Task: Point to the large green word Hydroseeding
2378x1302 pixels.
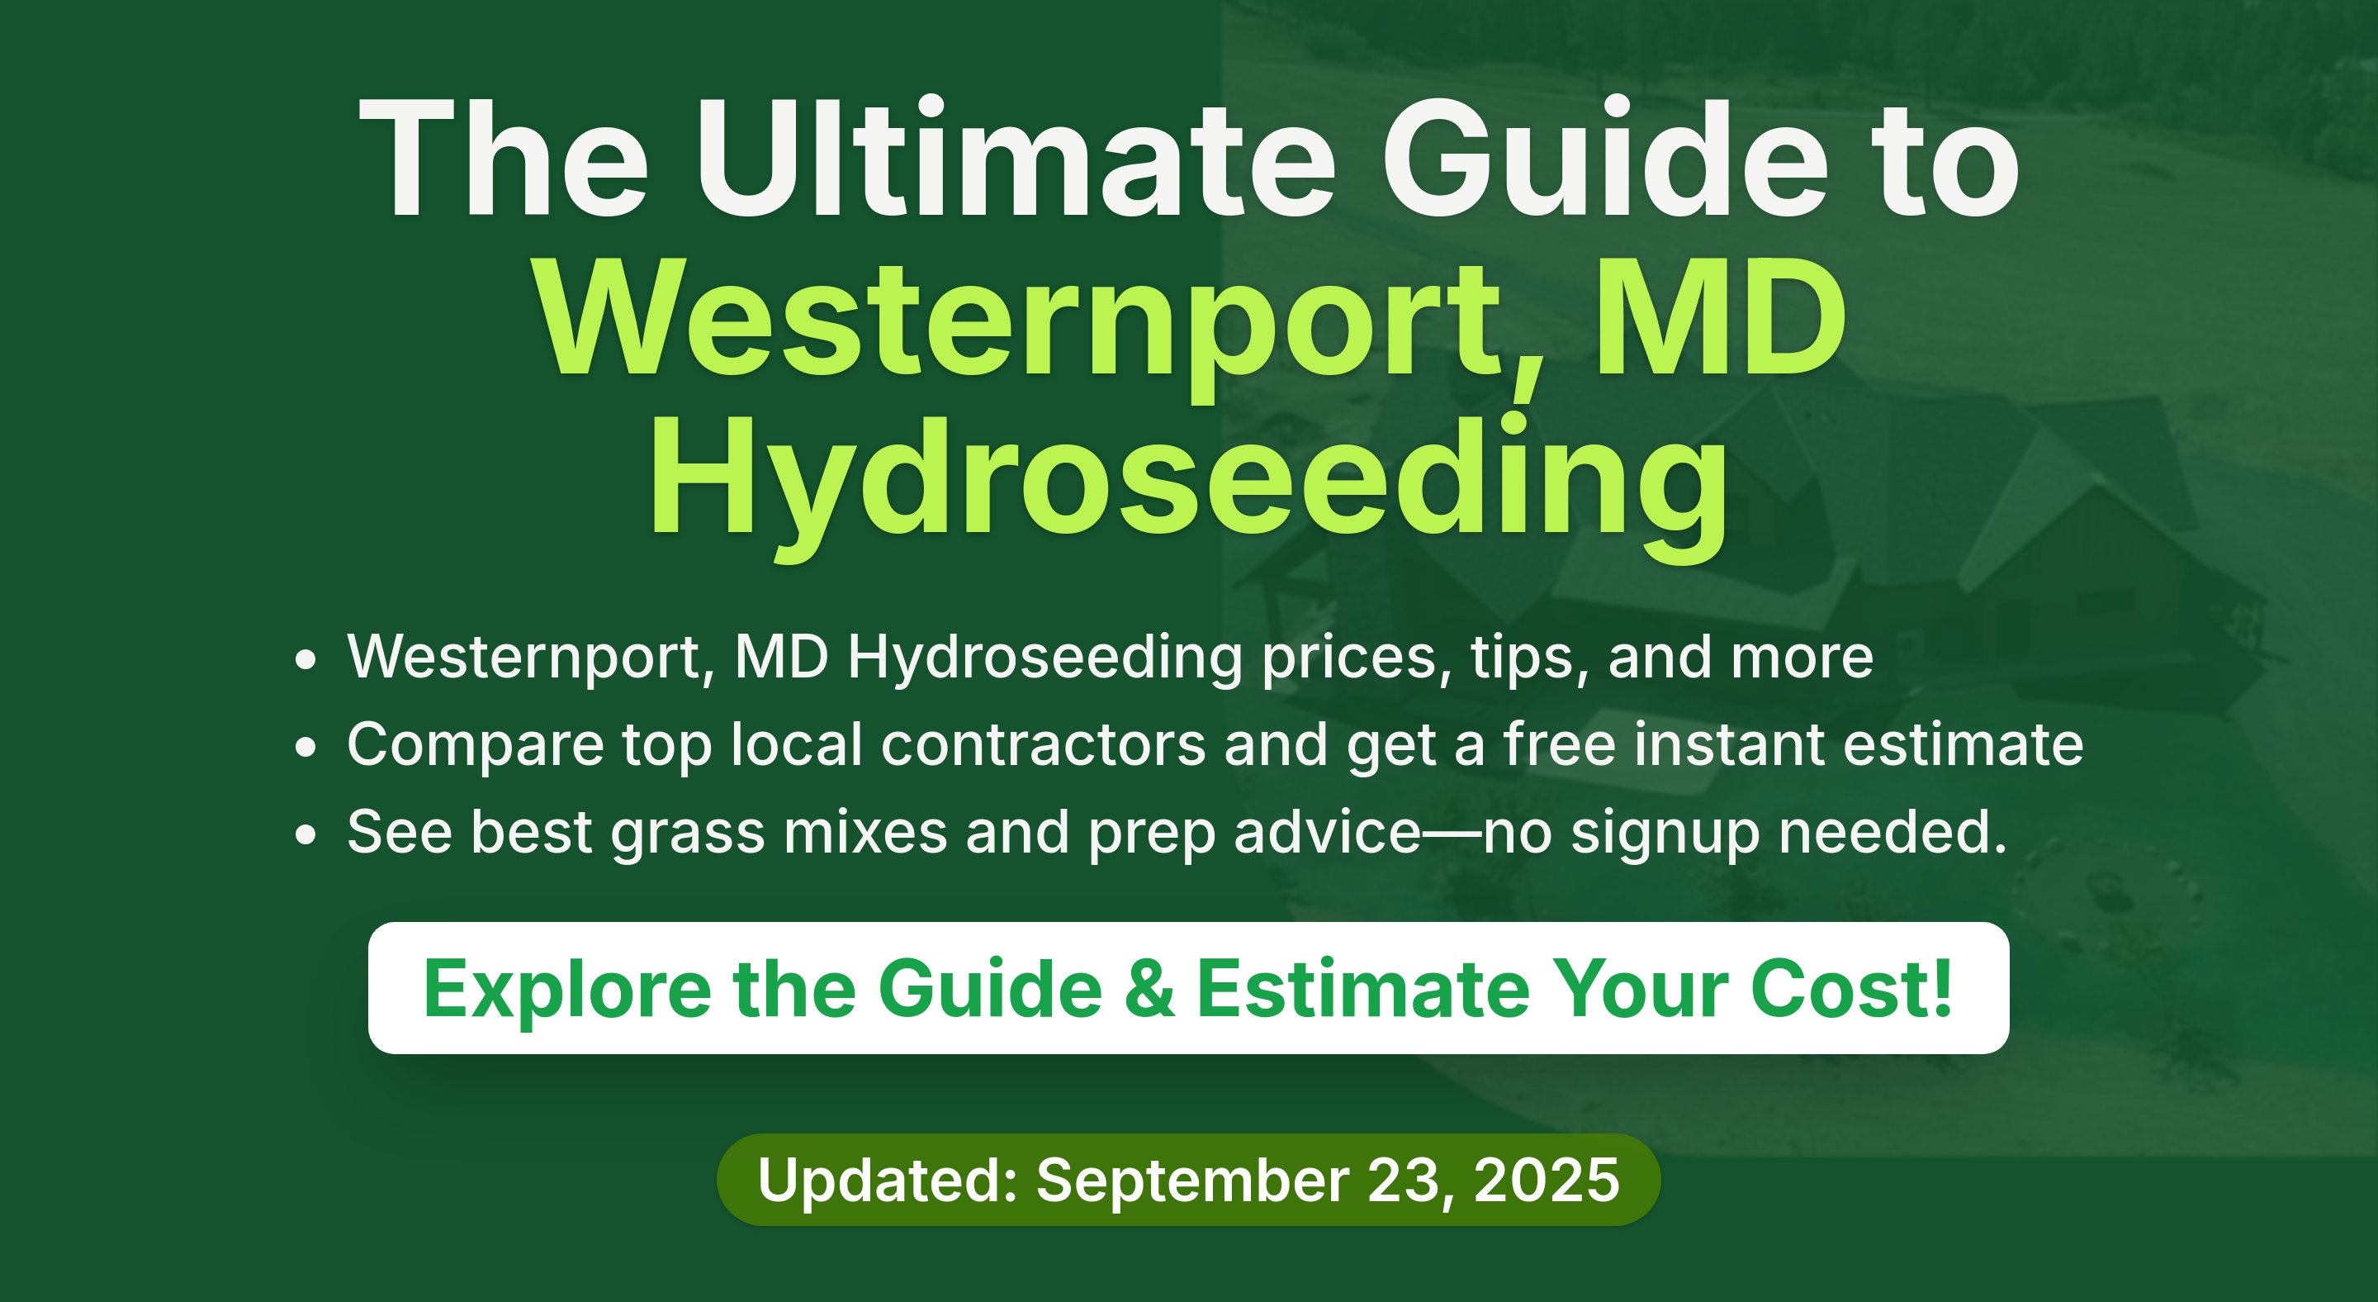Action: click(x=1189, y=485)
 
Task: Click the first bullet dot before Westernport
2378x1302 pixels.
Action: click(x=306, y=660)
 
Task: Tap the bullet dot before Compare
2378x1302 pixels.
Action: click(x=306, y=748)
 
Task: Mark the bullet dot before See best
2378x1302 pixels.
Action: click(x=306, y=834)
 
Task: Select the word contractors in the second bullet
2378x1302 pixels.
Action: click(x=1043, y=744)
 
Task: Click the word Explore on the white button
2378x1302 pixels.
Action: click(x=566, y=988)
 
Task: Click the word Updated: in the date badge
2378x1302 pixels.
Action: click(x=887, y=1180)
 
